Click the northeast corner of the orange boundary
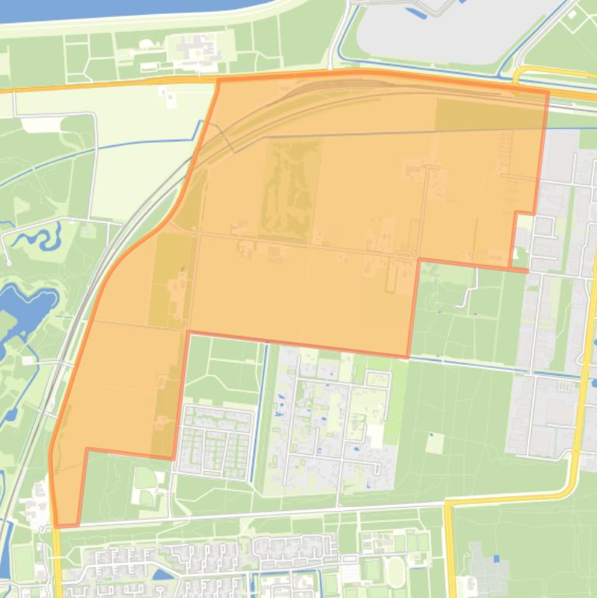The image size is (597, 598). point(548,92)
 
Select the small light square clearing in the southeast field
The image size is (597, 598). point(435,443)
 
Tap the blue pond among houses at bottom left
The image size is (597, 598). point(163,575)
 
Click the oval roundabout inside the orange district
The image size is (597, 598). point(402,257)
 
